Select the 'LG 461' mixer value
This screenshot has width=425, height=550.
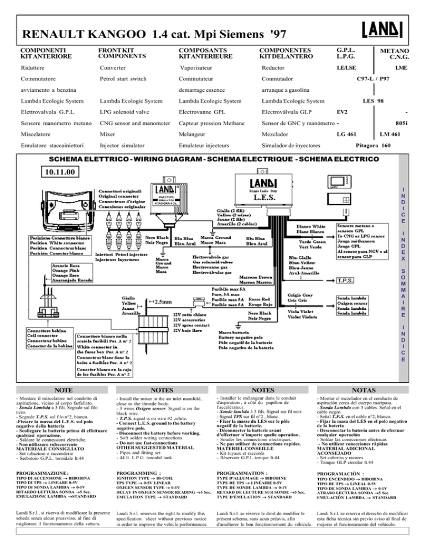(346, 134)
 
